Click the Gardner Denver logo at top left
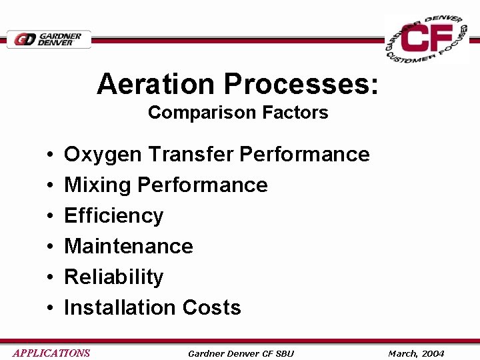(49, 39)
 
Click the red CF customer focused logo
(427, 40)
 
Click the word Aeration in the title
(157, 85)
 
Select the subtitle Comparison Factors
(238, 113)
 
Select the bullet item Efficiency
(113, 216)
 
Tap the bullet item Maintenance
(128, 246)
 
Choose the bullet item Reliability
(113, 277)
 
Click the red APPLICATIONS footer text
(51, 353)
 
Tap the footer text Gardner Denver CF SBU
(241, 353)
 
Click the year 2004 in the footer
(433, 353)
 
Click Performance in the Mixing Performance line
(203, 185)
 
